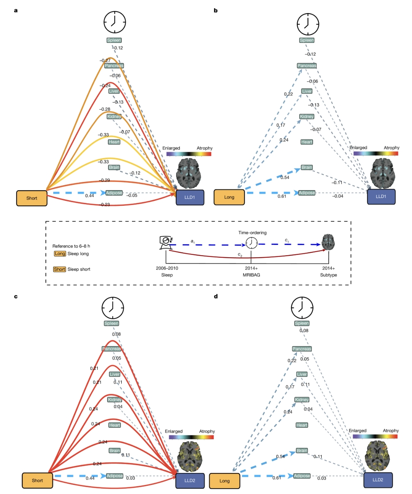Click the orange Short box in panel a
point(32,198)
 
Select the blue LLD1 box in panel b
point(381,196)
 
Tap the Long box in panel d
point(224,480)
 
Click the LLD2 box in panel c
point(190,480)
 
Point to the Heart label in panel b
point(307,142)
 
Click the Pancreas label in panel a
point(114,65)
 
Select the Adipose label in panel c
point(115,475)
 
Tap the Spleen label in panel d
point(302,323)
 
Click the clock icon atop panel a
point(115,22)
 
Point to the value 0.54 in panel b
point(285,177)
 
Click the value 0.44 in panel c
point(90,478)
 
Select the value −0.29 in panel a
point(104,180)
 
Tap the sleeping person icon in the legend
point(166,242)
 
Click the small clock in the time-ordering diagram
point(252,243)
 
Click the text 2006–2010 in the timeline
point(167,268)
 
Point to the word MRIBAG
point(251,275)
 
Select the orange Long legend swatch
point(60,254)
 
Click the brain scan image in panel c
point(189,456)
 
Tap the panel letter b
point(216,10)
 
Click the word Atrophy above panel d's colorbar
point(391,431)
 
